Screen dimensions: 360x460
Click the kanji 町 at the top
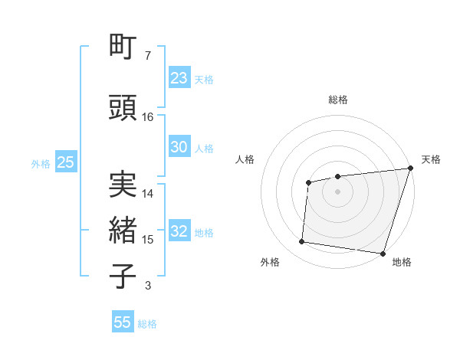pos(123,47)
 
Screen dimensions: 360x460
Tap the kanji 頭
pos(123,108)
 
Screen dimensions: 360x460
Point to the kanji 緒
pos(123,231)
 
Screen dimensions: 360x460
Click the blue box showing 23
pos(179,78)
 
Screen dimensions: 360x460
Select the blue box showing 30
pos(179,147)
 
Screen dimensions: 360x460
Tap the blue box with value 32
pos(179,232)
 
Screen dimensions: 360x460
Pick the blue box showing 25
pos(65,162)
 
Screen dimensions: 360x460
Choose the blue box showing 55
pos(123,322)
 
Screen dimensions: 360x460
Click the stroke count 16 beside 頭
pos(148,117)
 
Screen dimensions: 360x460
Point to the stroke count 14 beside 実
pos(148,194)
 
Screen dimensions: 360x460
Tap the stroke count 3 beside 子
pos(147,286)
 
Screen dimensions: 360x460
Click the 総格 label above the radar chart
pos(338,100)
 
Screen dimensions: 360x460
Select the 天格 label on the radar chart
pos(431,159)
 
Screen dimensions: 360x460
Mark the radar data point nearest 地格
pos(383,253)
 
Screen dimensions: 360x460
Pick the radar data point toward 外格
pos(302,242)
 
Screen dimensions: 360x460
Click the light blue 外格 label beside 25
pos(40,163)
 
